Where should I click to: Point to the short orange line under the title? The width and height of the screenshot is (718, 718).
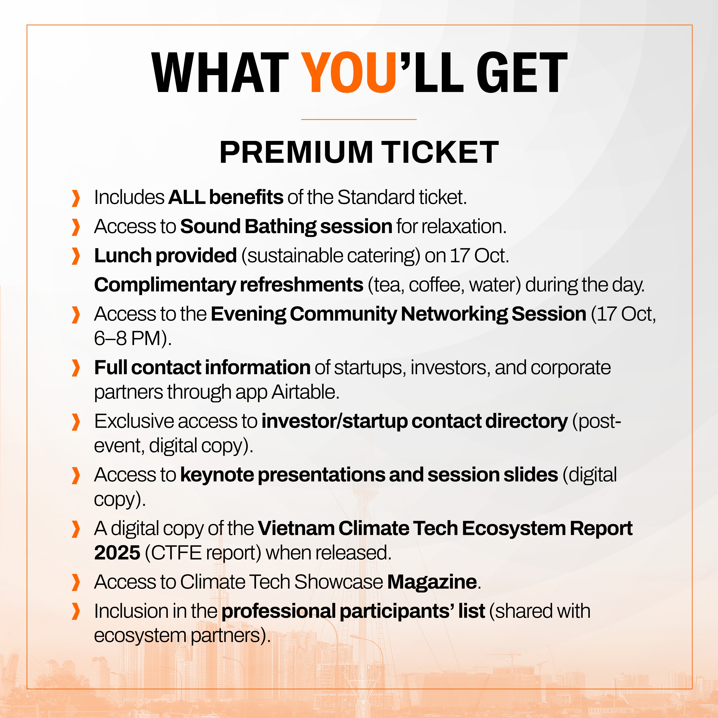tap(359, 119)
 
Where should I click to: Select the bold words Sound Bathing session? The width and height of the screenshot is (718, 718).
tap(286, 227)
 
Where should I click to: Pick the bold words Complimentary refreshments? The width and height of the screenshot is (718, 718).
tap(229, 285)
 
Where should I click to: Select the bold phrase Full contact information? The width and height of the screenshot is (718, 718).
tap(202, 367)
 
